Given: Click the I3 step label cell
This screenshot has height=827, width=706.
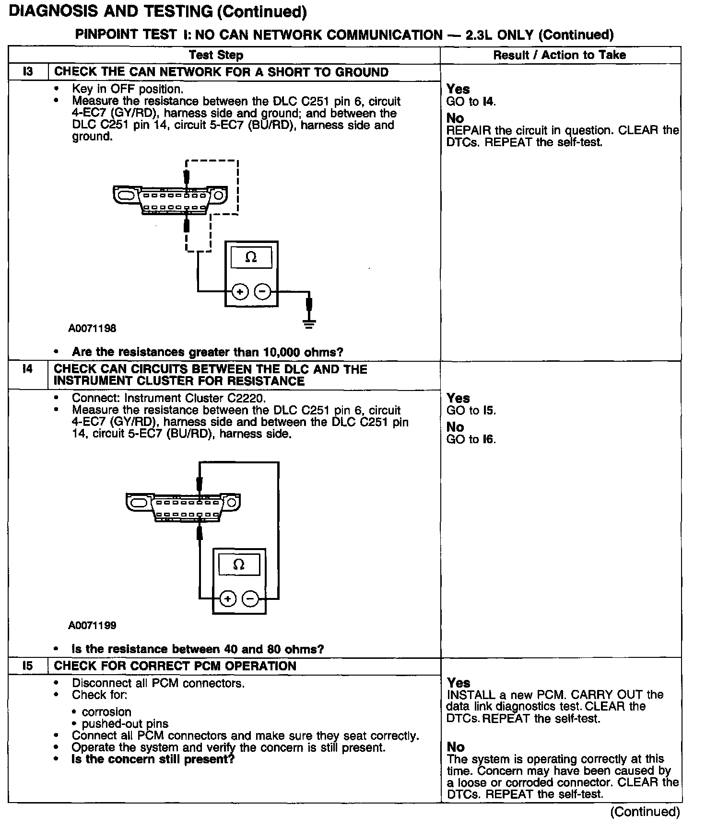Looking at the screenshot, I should point(28,72).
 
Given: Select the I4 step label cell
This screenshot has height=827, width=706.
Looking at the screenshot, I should point(28,369).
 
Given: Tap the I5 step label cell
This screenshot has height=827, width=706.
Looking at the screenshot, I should point(28,666).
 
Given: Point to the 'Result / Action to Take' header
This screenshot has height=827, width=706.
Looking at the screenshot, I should point(559,55).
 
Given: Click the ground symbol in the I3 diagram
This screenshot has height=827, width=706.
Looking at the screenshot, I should point(309,324).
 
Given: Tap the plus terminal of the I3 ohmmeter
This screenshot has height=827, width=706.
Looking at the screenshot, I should point(240,291).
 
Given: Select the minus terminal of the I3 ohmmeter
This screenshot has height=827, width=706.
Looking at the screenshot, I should point(262,291).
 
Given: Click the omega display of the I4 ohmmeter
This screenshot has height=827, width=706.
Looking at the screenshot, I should point(238,564).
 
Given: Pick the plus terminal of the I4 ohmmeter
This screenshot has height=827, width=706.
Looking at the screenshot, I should point(227,598).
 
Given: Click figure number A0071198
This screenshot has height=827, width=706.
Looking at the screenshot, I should point(92,329).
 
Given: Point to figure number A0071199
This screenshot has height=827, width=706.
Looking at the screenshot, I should point(92,625).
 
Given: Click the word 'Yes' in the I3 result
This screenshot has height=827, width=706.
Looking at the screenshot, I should point(458,89).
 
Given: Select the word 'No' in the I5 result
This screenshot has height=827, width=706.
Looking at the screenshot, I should point(456,747).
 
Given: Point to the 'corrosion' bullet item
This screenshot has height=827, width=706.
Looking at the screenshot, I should point(106,712).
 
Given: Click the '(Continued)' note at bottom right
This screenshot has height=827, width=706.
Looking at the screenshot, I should point(645,812).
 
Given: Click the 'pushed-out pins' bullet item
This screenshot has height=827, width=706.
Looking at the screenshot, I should point(125,724).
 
